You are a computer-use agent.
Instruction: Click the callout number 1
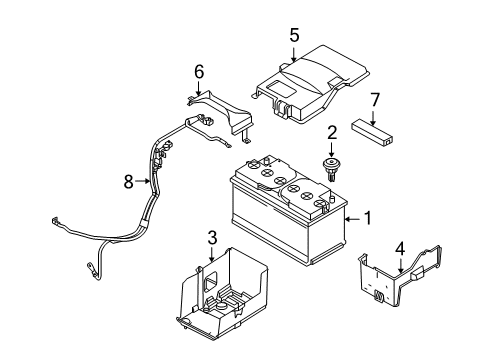369,217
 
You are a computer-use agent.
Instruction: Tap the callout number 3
211,236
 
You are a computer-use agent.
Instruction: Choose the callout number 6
199,72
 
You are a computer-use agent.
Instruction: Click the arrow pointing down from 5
294,52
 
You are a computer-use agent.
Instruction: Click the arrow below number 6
199,88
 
